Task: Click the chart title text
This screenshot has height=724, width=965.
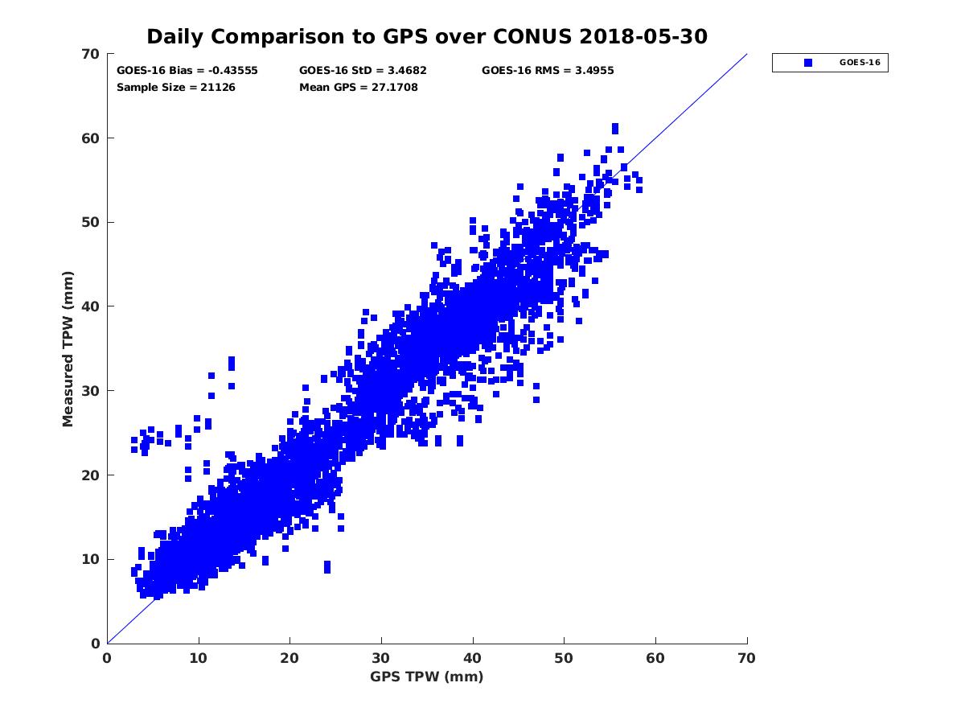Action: point(427,36)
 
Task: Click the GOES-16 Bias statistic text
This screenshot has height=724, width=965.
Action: point(187,71)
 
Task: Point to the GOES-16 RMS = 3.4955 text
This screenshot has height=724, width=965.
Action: point(548,71)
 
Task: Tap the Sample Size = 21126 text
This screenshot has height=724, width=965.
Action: point(176,88)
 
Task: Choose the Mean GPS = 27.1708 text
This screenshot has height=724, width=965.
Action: point(359,88)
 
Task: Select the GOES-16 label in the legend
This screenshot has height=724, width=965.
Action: point(858,63)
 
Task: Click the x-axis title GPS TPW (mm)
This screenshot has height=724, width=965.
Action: point(427,677)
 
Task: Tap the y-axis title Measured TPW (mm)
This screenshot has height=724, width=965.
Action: point(68,348)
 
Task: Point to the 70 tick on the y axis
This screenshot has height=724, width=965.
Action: point(91,54)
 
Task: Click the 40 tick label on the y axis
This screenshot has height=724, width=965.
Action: point(91,306)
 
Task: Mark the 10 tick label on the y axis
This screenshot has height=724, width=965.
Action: point(91,559)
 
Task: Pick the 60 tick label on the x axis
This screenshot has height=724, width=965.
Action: point(655,658)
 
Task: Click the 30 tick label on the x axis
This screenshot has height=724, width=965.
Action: point(381,658)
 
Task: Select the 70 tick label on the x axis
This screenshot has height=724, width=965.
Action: point(747,658)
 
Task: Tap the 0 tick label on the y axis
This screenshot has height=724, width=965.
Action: point(95,644)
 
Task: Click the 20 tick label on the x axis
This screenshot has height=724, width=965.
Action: point(289,658)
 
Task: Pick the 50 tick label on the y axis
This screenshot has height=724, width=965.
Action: point(91,222)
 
